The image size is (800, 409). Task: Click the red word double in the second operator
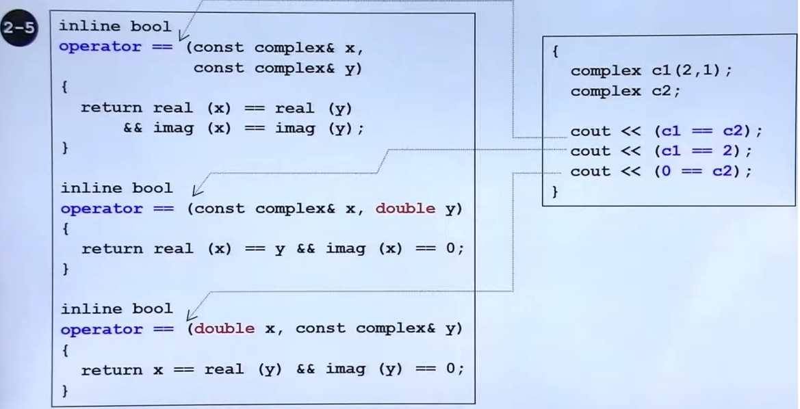tap(405, 209)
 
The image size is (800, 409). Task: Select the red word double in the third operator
tap(224, 329)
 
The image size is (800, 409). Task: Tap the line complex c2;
tap(626, 91)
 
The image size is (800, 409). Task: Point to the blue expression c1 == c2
tap(704, 131)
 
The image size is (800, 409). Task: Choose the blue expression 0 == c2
tap(699, 172)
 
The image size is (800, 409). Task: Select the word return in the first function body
tap(111, 107)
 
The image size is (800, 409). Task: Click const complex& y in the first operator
tap(278, 68)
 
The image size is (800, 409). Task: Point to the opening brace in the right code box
tap(554, 51)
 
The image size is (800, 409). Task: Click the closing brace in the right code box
tap(554, 192)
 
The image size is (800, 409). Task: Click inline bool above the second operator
tap(116, 188)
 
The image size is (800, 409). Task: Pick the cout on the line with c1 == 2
tap(590, 151)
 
